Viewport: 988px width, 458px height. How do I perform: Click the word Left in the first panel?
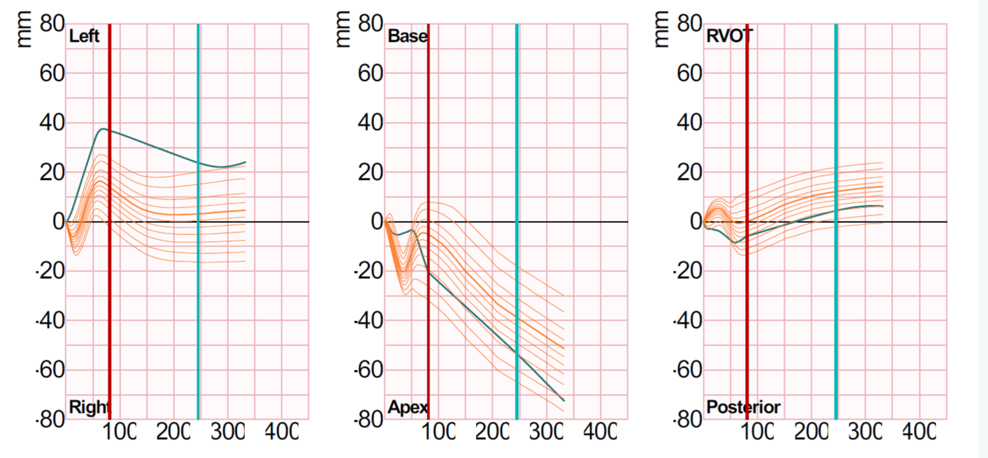(84, 36)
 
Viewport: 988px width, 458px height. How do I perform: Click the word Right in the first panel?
(89, 407)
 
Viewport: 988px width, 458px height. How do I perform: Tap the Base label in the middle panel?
(407, 36)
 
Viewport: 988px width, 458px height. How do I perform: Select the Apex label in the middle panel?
(407, 407)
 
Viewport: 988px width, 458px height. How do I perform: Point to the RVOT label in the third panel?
(730, 36)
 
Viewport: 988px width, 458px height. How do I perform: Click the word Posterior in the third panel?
(743, 407)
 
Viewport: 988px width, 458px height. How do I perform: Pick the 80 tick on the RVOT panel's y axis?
(688, 24)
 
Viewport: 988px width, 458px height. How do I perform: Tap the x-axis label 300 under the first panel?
(227, 432)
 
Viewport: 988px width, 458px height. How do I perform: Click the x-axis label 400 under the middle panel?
(599, 432)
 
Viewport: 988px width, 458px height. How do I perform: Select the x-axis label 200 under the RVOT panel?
(810, 432)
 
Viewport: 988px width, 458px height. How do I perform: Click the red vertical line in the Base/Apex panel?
(428, 202)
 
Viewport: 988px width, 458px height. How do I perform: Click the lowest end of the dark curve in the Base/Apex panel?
(563, 401)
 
